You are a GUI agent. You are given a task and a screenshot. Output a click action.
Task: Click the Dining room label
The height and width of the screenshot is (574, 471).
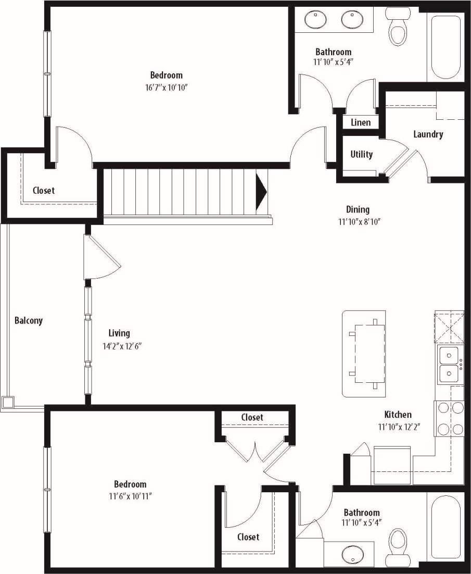pyautogui.click(x=358, y=209)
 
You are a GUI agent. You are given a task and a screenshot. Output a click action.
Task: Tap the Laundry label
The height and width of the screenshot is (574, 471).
pyautogui.click(x=428, y=134)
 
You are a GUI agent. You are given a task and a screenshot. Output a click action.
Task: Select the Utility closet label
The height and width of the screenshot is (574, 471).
pyautogui.click(x=361, y=154)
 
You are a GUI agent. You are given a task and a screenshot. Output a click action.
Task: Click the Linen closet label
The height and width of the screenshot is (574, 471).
pyautogui.click(x=361, y=122)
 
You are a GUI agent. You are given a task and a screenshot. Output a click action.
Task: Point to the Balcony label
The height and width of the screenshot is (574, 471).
pyautogui.click(x=29, y=320)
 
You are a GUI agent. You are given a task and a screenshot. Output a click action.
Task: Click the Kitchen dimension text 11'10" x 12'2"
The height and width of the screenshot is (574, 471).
pyautogui.click(x=399, y=427)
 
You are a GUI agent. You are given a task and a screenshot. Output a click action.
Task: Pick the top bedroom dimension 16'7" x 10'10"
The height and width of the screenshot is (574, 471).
pyautogui.click(x=166, y=87)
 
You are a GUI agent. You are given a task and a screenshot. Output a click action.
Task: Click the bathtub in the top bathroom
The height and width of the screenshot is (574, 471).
pyautogui.click(x=444, y=47)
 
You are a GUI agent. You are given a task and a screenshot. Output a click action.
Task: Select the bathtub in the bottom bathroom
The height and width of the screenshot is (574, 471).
pyautogui.click(x=444, y=526)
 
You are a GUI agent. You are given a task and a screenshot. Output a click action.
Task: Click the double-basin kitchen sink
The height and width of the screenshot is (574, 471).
pyautogui.click(x=449, y=365)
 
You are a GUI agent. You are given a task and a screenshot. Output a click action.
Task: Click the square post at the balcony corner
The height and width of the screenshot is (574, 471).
pyautogui.click(x=8, y=402)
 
